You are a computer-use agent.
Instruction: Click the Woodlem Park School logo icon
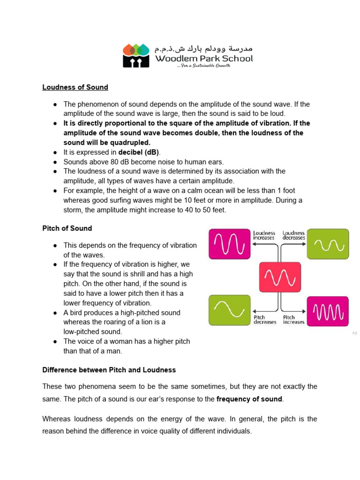coord(136,55)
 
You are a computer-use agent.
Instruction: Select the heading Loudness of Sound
coord(75,87)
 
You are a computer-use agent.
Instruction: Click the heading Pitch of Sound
coord(67,228)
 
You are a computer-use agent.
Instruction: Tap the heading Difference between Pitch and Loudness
coord(109,370)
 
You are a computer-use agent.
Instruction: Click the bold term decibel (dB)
coord(139,152)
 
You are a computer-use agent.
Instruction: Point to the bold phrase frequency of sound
coord(249,399)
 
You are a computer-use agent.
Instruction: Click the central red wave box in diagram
coord(280,277)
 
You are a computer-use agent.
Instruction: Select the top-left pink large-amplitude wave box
coord(229,244)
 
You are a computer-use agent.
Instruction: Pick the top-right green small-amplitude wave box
coord(328,244)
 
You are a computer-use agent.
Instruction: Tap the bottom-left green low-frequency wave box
coord(229,310)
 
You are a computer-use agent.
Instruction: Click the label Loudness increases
coord(264,235)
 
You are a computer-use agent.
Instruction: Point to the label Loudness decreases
coord(294,235)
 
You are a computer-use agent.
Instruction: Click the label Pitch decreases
coord(265,320)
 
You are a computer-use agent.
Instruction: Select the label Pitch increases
coord(293,320)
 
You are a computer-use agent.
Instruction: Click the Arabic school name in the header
coord(204,48)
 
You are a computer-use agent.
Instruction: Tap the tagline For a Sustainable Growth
coord(203,66)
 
